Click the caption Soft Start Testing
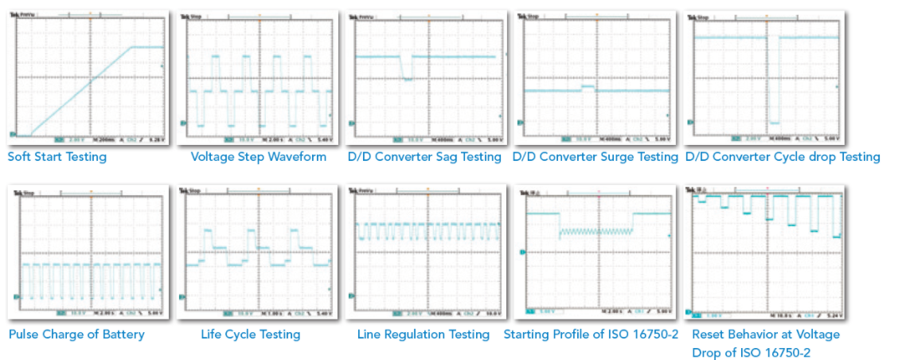(57, 157)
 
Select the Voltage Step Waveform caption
(258, 157)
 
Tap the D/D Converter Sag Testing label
(424, 157)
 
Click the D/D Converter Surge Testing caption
(595, 157)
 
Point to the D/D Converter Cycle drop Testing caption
(783, 157)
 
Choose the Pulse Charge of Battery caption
(76, 335)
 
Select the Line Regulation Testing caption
(423, 335)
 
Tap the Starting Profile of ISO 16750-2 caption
(591, 335)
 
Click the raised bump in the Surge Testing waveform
(588, 87)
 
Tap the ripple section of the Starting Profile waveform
(596, 232)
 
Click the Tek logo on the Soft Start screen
(15, 16)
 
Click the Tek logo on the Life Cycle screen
(185, 192)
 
